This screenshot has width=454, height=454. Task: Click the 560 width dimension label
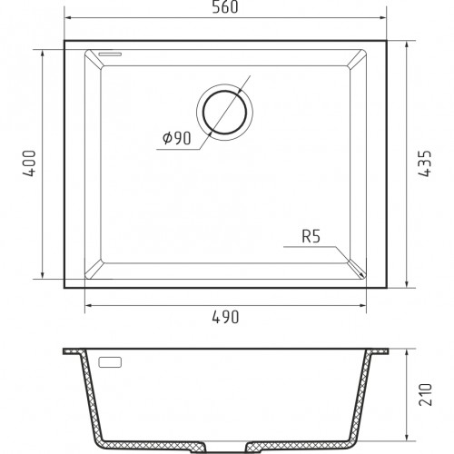tap(225, 7)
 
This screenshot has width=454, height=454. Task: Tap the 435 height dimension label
tap(425, 163)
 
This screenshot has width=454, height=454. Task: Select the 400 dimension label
tap(30, 163)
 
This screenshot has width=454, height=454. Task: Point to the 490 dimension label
tap(225, 317)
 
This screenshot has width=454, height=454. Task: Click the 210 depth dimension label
tap(425, 395)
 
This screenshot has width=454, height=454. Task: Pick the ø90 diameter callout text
tap(177, 138)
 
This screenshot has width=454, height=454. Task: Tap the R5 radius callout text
tap(311, 236)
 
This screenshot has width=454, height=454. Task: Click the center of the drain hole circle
tap(224, 113)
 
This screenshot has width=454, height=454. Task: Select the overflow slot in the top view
tap(110, 54)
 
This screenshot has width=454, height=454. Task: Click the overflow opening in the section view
tap(110, 362)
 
